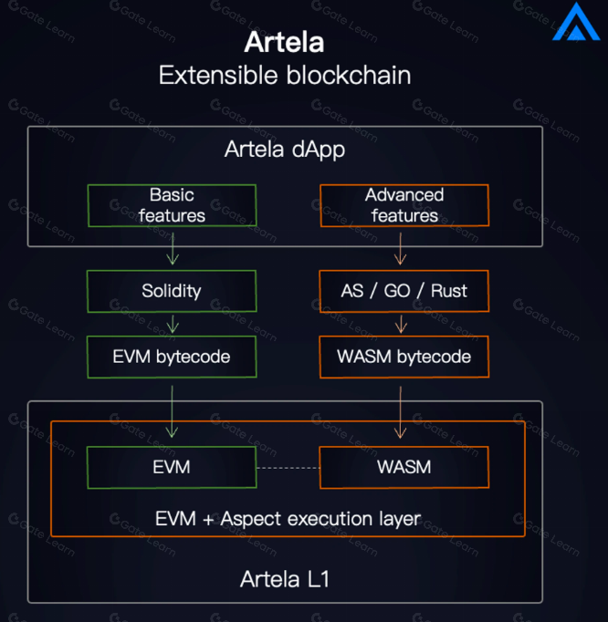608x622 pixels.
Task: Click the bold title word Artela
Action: (x=284, y=43)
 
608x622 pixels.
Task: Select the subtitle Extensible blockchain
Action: (x=284, y=75)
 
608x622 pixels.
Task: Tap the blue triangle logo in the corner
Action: (x=575, y=24)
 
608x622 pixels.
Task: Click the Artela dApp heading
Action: (x=285, y=150)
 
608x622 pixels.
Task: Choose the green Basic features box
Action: (x=172, y=205)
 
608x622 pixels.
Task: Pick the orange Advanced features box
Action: (x=404, y=205)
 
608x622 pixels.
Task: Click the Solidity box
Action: (x=172, y=291)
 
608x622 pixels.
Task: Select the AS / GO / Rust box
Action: (x=404, y=291)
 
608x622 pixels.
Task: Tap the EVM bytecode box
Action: (x=172, y=357)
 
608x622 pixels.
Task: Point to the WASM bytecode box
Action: (x=404, y=357)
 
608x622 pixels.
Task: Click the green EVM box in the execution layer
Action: (x=172, y=467)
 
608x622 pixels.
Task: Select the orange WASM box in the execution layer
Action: (x=404, y=467)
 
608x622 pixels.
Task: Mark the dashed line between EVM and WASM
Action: (x=288, y=468)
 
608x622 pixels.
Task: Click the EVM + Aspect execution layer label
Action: (x=288, y=519)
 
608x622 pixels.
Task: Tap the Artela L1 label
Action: (x=285, y=578)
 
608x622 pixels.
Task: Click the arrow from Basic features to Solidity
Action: (x=172, y=248)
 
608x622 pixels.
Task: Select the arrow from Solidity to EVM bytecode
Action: (x=172, y=324)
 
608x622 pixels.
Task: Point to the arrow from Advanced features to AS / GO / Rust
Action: (x=400, y=248)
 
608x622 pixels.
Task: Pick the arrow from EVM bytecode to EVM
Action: (x=172, y=411)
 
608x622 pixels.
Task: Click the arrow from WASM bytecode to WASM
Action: (x=400, y=411)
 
